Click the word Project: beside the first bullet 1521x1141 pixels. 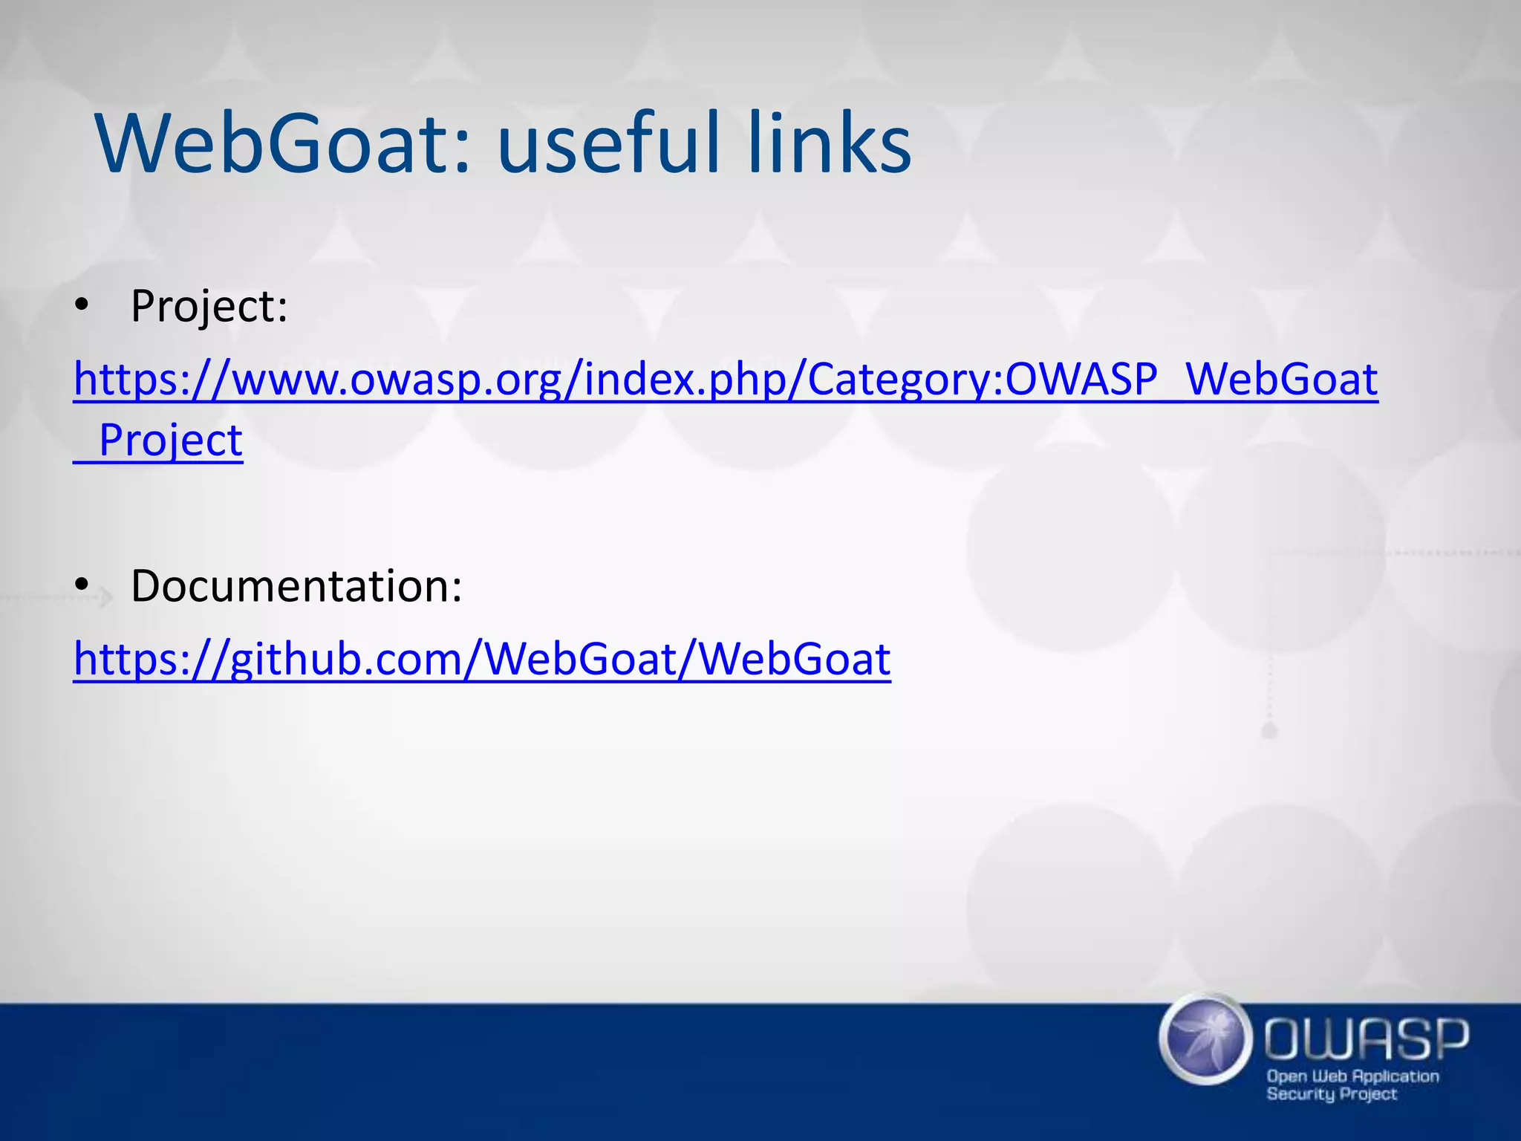[x=209, y=306]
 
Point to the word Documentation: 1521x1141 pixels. [x=296, y=586]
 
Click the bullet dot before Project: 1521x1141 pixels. [x=82, y=305]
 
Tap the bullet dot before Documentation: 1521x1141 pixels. [x=82, y=585]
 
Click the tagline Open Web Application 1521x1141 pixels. [x=1352, y=1076]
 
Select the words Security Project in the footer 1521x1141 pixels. [x=1332, y=1094]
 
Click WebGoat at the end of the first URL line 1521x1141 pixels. [x=1282, y=380]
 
